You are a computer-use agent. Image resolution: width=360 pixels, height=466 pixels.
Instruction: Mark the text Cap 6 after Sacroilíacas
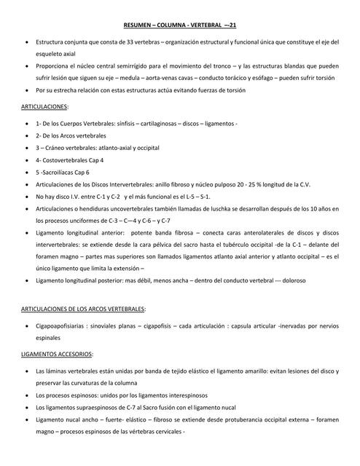pyautogui.click(x=81, y=172)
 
